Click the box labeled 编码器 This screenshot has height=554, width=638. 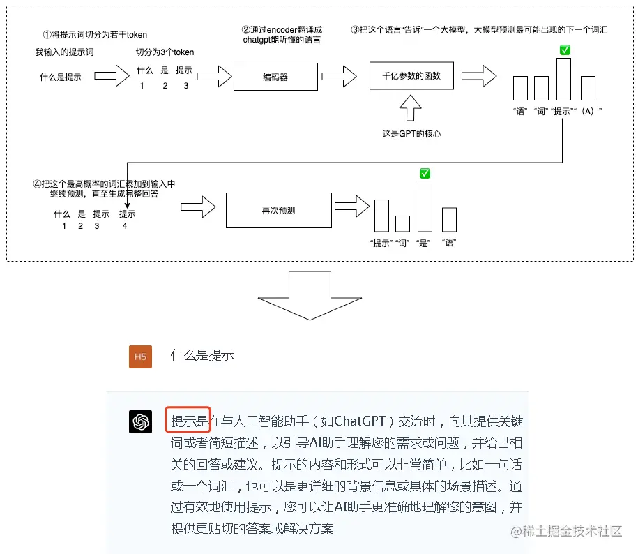click(x=275, y=77)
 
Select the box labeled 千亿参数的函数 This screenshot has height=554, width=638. click(x=411, y=75)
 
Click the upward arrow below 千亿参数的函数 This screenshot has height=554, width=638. click(x=411, y=109)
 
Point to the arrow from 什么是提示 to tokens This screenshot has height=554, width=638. click(x=112, y=76)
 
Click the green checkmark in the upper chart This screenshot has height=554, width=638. click(x=565, y=50)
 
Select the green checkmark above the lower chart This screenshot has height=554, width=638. click(x=425, y=173)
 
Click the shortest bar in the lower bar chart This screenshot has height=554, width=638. click(x=402, y=223)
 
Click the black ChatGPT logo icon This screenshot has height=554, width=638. click(x=141, y=422)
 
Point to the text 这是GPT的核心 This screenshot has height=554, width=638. click(x=411, y=133)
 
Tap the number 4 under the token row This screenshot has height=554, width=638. click(x=125, y=225)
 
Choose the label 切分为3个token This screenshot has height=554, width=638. click(x=165, y=52)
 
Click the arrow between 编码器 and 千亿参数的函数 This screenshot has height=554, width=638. click(x=339, y=75)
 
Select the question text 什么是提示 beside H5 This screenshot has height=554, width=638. click(x=202, y=355)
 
